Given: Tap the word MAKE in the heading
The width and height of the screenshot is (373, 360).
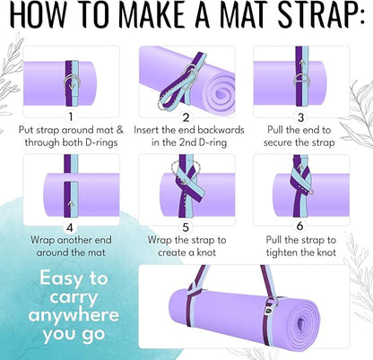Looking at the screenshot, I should coord(163,17).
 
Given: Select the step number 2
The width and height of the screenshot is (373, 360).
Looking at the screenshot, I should coord(186,116).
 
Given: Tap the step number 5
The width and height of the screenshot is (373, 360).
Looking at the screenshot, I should coord(186,227).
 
